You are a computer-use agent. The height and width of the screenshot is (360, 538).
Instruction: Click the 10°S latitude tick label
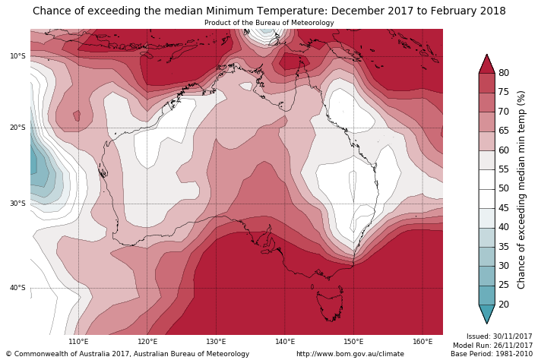[17, 56]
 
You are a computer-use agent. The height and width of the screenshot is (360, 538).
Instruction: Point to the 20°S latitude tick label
[17, 128]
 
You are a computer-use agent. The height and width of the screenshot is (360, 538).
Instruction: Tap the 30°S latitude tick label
[17, 204]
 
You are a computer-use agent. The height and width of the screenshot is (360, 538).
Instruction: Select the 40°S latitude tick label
[17, 288]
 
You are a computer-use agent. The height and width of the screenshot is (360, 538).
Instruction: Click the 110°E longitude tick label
[78, 342]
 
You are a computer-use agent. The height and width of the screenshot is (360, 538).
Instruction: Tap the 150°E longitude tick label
[353, 342]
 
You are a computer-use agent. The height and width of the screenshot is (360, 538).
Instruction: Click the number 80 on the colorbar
[504, 73]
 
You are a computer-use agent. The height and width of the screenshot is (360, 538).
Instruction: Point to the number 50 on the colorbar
[504, 188]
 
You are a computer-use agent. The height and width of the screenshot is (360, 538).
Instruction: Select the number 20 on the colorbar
[504, 305]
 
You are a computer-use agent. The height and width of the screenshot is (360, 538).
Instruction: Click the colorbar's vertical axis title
[521, 189]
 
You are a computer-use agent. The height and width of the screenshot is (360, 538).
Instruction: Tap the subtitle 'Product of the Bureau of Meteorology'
[269, 23]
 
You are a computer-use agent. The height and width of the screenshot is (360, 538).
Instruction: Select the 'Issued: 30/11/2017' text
[499, 336]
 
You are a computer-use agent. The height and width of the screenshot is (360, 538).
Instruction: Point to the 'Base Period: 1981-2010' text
[491, 354]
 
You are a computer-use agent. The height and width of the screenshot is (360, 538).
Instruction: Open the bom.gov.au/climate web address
[350, 354]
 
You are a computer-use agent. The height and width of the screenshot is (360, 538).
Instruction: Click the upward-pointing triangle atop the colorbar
[486, 63]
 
